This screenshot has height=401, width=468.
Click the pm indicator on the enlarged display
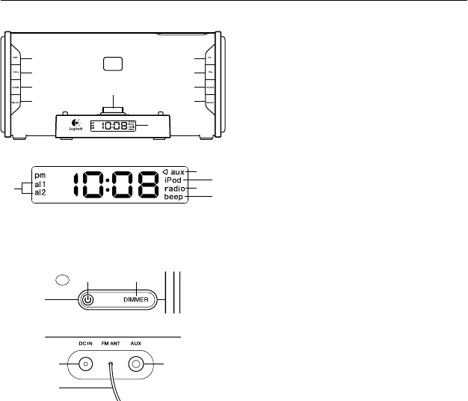(x=40, y=175)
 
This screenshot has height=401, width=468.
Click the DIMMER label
(x=138, y=300)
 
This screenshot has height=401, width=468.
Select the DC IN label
(x=85, y=346)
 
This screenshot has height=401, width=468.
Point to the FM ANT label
(x=111, y=346)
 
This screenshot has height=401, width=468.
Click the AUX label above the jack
(x=135, y=346)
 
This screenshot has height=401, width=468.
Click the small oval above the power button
(x=62, y=280)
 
